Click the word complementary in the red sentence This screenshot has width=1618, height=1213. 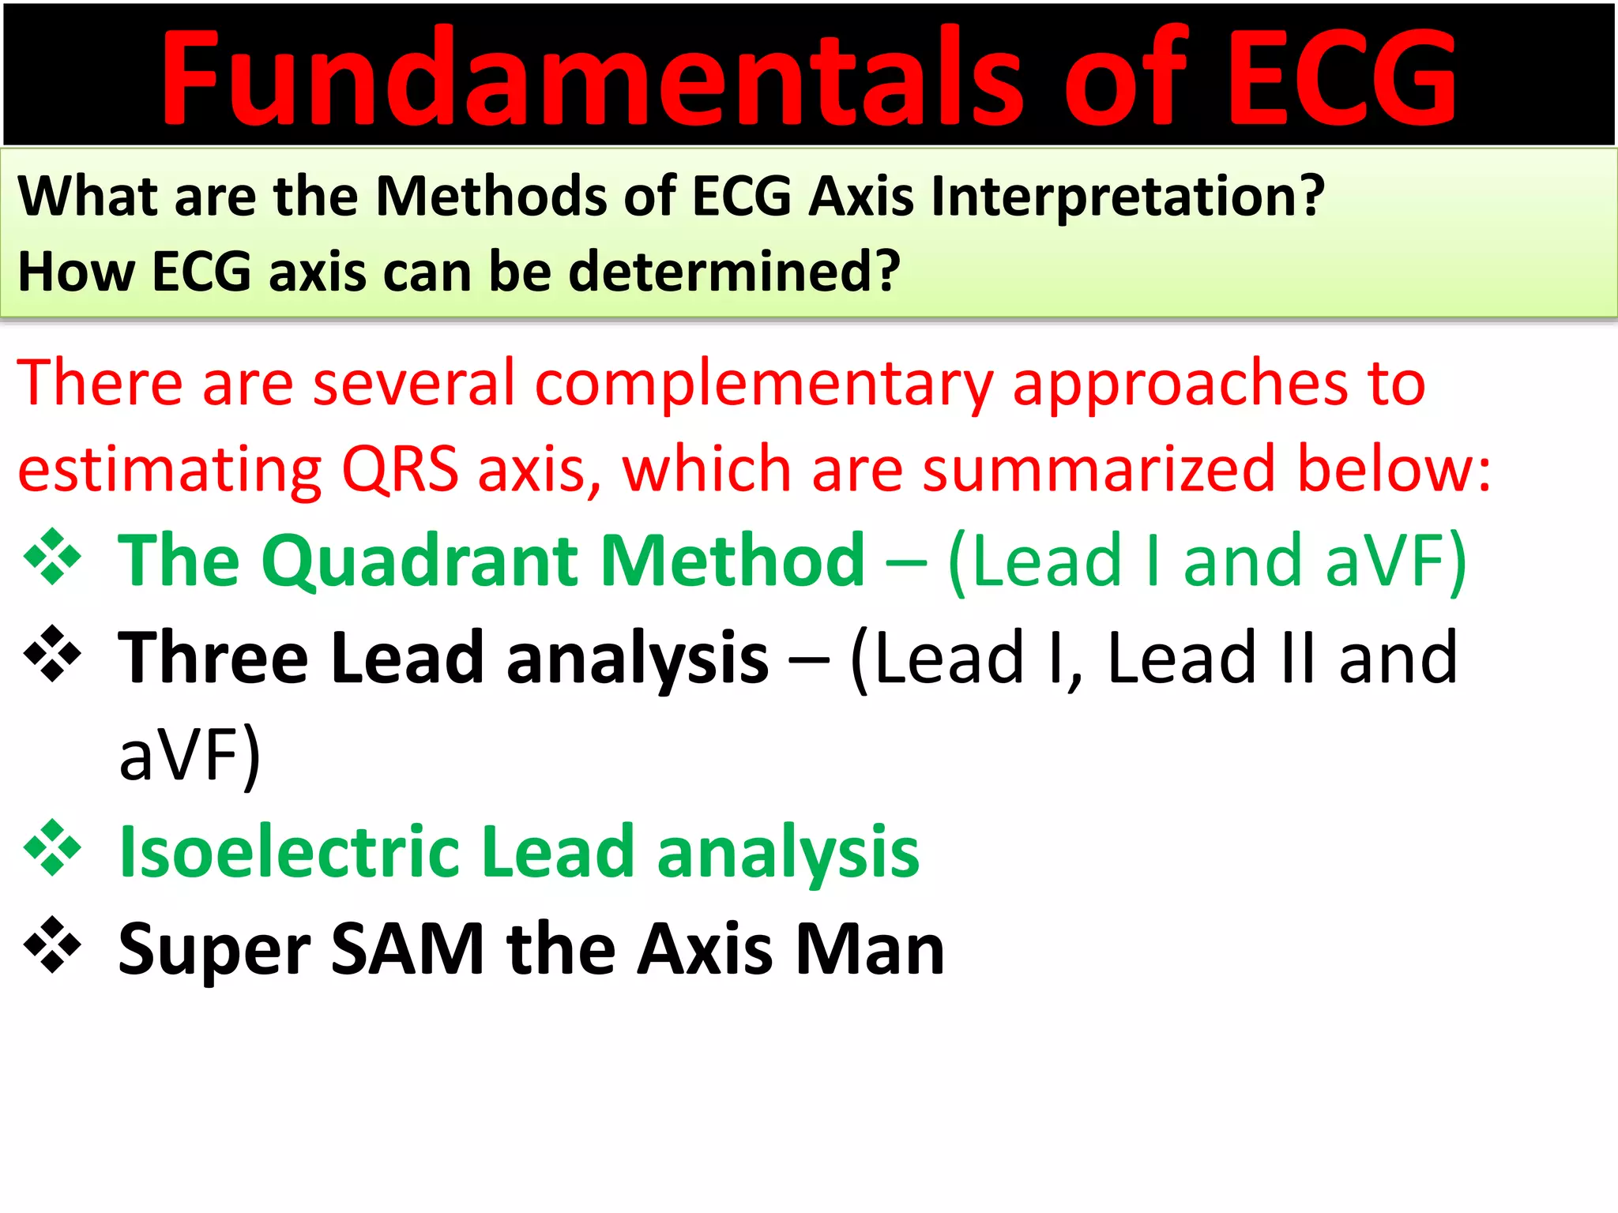(763, 384)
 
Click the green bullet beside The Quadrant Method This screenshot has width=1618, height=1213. (52, 558)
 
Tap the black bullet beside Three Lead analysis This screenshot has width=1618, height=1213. (52, 654)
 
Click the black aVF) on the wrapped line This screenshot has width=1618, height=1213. (190, 755)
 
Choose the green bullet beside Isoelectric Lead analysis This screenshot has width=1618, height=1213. (52, 848)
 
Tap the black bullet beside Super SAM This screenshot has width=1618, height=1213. (52, 944)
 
